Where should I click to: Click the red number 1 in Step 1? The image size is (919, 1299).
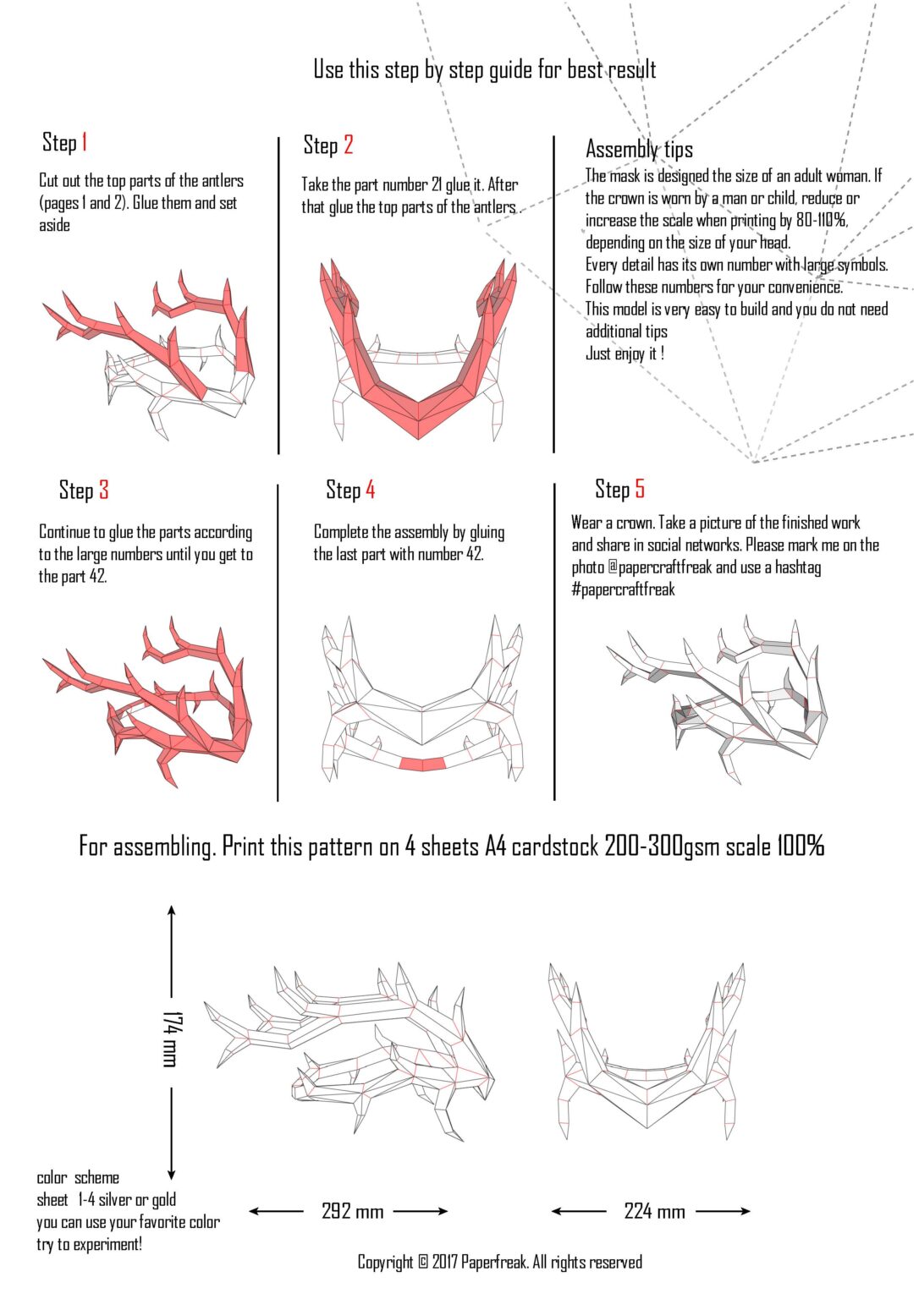point(85,142)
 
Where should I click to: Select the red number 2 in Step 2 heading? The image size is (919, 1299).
point(348,145)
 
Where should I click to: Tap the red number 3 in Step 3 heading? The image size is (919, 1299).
point(103,490)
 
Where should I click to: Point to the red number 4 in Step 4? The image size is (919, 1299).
point(370,490)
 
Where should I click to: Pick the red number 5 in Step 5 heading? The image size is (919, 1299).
point(640,489)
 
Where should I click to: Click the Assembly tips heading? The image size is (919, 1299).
point(639,150)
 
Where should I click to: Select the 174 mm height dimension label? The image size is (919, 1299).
point(170,1039)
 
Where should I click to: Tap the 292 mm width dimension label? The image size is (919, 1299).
point(352,1211)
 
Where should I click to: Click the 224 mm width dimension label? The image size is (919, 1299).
point(654,1211)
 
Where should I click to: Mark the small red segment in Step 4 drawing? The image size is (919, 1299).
point(421,765)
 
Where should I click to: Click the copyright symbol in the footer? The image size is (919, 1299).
point(423,1263)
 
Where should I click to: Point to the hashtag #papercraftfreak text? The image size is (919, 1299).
point(623,589)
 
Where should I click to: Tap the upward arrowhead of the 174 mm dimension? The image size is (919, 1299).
point(172,911)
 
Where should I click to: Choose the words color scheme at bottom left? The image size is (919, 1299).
point(78,1178)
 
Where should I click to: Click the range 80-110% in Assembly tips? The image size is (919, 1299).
point(821,221)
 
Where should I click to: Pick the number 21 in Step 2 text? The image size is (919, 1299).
point(436,184)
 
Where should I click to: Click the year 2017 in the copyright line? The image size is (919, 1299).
point(444,1263)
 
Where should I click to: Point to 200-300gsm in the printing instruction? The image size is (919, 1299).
point(662,847)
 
